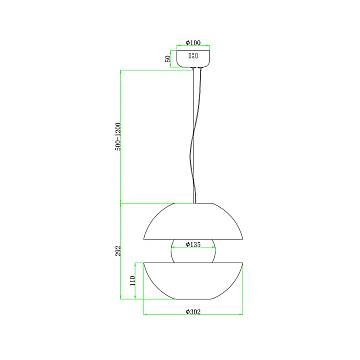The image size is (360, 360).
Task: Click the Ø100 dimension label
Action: (196, 43)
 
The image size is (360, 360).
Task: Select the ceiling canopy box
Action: (196, 60)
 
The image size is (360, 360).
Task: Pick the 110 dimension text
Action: (136, 283)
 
